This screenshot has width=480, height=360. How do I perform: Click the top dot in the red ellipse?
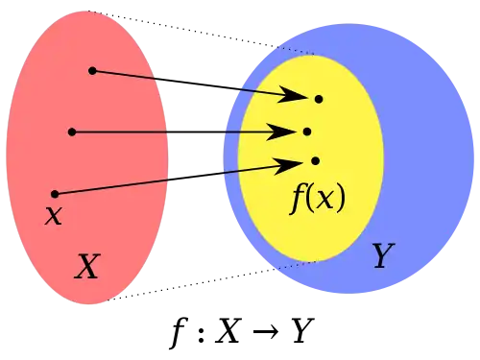coord(92,71)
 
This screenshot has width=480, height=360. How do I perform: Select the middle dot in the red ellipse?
coord(72,132)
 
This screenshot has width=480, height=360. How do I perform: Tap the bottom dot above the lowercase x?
coord(55,194)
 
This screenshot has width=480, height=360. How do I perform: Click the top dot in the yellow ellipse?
coord(319,99)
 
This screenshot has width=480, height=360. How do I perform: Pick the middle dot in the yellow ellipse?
coord(307,132)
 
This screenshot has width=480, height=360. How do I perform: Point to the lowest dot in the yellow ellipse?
coord(315,160)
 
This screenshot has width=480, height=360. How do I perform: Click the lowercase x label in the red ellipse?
coord(53,215)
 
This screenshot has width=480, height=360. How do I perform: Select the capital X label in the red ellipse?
coord(87,266)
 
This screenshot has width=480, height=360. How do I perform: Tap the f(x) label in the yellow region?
coord(318,199)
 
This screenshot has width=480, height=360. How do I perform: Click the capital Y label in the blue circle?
coord(383,255)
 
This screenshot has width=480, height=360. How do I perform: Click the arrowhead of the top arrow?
coord(291,95)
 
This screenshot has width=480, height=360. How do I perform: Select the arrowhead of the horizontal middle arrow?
coord(279,132)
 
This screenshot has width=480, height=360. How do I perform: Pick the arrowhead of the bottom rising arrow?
coord(288,165)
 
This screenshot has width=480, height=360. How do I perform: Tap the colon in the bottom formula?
coord(201,333)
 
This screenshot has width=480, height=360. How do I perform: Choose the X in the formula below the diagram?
coord(228,330)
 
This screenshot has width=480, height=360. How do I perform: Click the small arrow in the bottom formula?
coord(266,331)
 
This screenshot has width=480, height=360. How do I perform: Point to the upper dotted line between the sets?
coord(201,33)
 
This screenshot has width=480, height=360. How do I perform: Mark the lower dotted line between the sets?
coord(211,281)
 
